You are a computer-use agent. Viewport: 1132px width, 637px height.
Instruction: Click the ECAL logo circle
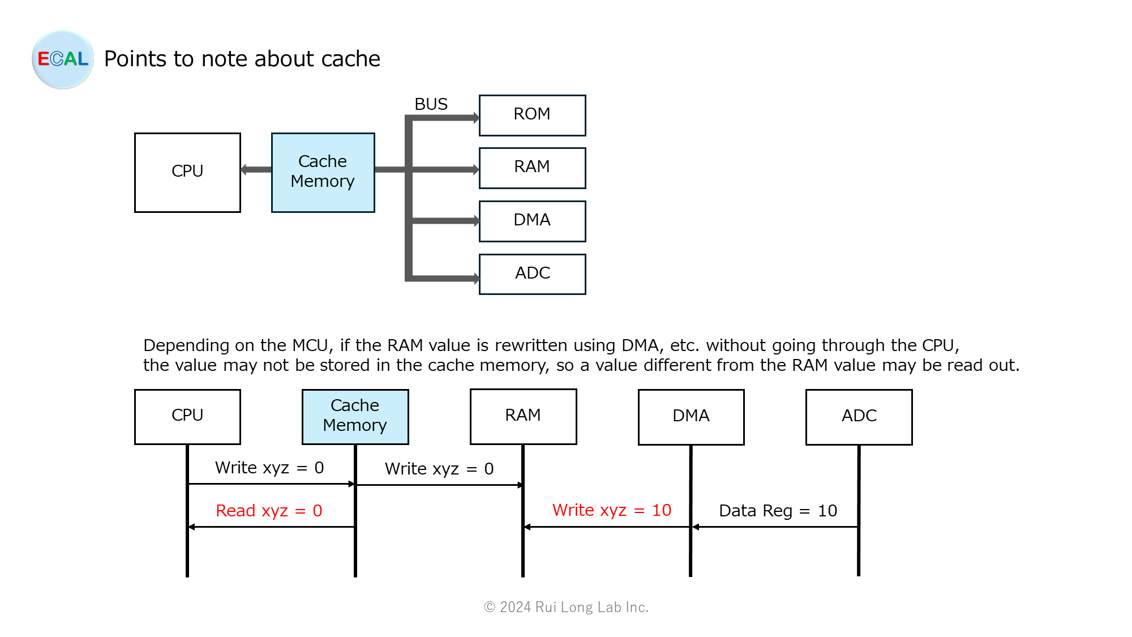(63, 59)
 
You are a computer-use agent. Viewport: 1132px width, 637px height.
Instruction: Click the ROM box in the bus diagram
(532, 116)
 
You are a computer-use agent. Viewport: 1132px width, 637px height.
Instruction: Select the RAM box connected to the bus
(532, 168)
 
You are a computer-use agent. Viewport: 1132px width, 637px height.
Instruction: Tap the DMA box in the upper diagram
(532, 221)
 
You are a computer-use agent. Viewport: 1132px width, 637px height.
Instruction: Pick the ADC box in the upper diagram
(532, 274)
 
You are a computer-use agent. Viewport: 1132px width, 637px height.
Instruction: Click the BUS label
(431, 104)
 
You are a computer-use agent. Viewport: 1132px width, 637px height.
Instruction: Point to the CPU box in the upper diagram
(187, 173)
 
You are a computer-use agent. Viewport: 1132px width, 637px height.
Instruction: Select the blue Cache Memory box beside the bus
(323, 173)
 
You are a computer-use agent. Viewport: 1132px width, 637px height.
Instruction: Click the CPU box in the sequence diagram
(187, 417)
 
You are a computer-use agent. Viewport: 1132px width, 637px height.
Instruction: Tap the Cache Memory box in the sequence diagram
(355, 417)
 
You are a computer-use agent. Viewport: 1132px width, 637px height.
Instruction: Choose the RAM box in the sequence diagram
(523, 416)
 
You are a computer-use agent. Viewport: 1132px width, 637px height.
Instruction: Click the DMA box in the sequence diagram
(691, 417)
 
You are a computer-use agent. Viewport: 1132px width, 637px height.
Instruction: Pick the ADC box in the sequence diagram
(859, 417)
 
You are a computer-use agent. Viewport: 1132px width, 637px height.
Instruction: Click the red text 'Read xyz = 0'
(269, 511)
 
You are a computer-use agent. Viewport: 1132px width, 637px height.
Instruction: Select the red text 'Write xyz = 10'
(611, 510)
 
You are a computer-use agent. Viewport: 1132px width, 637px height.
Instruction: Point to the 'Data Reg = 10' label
(778, 511)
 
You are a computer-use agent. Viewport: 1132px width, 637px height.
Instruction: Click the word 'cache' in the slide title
(350, 59)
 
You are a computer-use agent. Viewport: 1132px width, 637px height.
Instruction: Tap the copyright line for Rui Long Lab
(566, 607)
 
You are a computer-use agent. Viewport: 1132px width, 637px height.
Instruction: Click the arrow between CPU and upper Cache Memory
(256, 169)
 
